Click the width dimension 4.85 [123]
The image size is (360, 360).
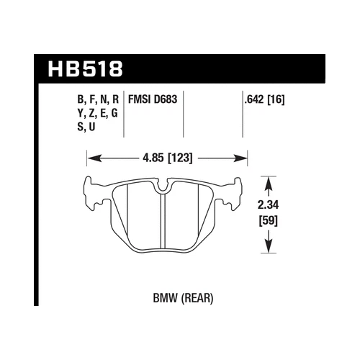tap(167, 158)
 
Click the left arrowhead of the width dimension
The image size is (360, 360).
tap(91, 158)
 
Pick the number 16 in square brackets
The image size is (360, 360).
tap(276, 102)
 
